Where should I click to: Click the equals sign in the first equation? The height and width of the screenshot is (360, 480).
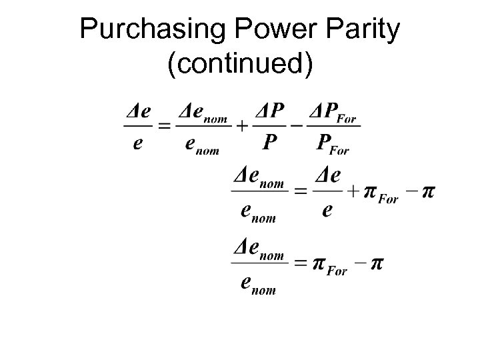pyautogui.click(x=163, y=125)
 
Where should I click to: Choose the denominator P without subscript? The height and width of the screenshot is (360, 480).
pyautogui.click(x=271, y=141)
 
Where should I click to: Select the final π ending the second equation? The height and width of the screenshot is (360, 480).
pyautogui.click(x=430, y=192)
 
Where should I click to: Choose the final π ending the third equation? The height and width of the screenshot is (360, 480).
pyautogui.click(x=377, y=264)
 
